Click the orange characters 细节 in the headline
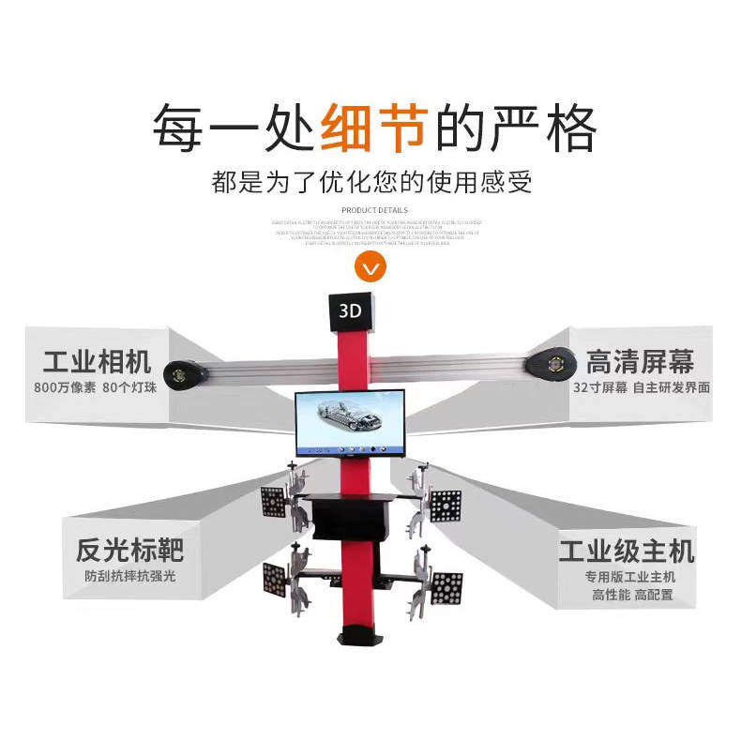tap(374, 128)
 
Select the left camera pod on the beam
tap(185, 372)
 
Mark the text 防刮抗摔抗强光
tap(129, 576)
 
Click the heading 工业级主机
tap(627, 550)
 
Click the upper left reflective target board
tap(274, 503)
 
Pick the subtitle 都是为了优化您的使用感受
tap(372, 180)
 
